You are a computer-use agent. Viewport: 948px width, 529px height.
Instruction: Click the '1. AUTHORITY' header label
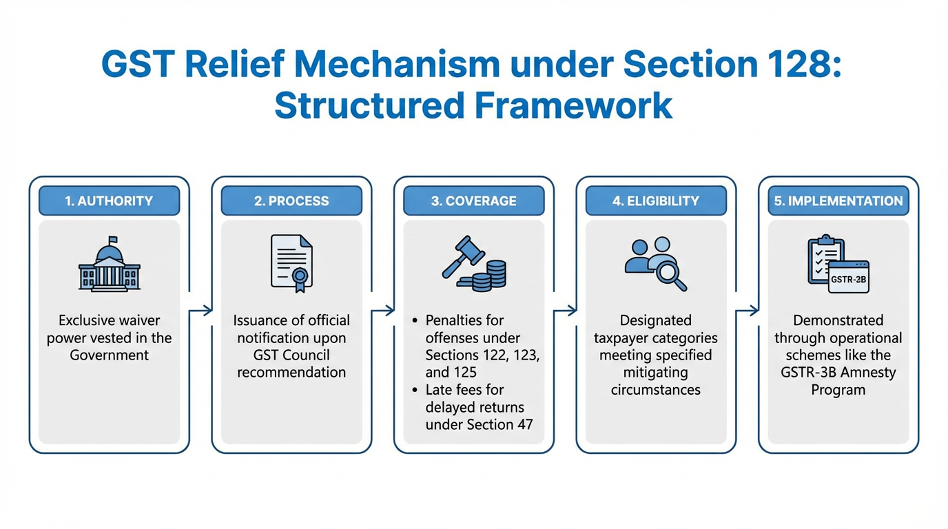point(109,201)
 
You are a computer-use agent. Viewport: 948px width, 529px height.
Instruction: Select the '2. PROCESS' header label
point(291,201)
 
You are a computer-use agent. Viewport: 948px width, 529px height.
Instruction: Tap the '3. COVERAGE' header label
point(473,201)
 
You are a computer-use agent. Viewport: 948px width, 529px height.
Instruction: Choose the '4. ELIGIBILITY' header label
point(656,201)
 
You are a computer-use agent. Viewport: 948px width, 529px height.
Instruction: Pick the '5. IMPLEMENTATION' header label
point(838,201)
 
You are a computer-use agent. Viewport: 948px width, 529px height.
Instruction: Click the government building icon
point(110,265)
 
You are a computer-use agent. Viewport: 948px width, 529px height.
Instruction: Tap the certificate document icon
point(291,264)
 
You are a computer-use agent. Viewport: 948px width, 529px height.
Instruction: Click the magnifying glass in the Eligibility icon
point(670,274)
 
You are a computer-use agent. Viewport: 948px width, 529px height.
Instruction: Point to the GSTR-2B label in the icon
point(848,279)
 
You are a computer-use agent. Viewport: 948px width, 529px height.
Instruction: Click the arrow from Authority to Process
point(200,311)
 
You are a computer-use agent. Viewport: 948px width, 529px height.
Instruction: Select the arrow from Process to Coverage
point(382,311)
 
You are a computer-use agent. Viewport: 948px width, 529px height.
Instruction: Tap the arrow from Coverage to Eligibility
point(565,311)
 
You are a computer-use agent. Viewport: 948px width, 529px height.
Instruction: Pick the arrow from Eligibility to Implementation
point(748,311)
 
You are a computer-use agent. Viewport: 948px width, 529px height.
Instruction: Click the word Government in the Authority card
point(109,355)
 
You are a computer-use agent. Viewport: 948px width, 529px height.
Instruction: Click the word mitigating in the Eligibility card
point(655,373)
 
